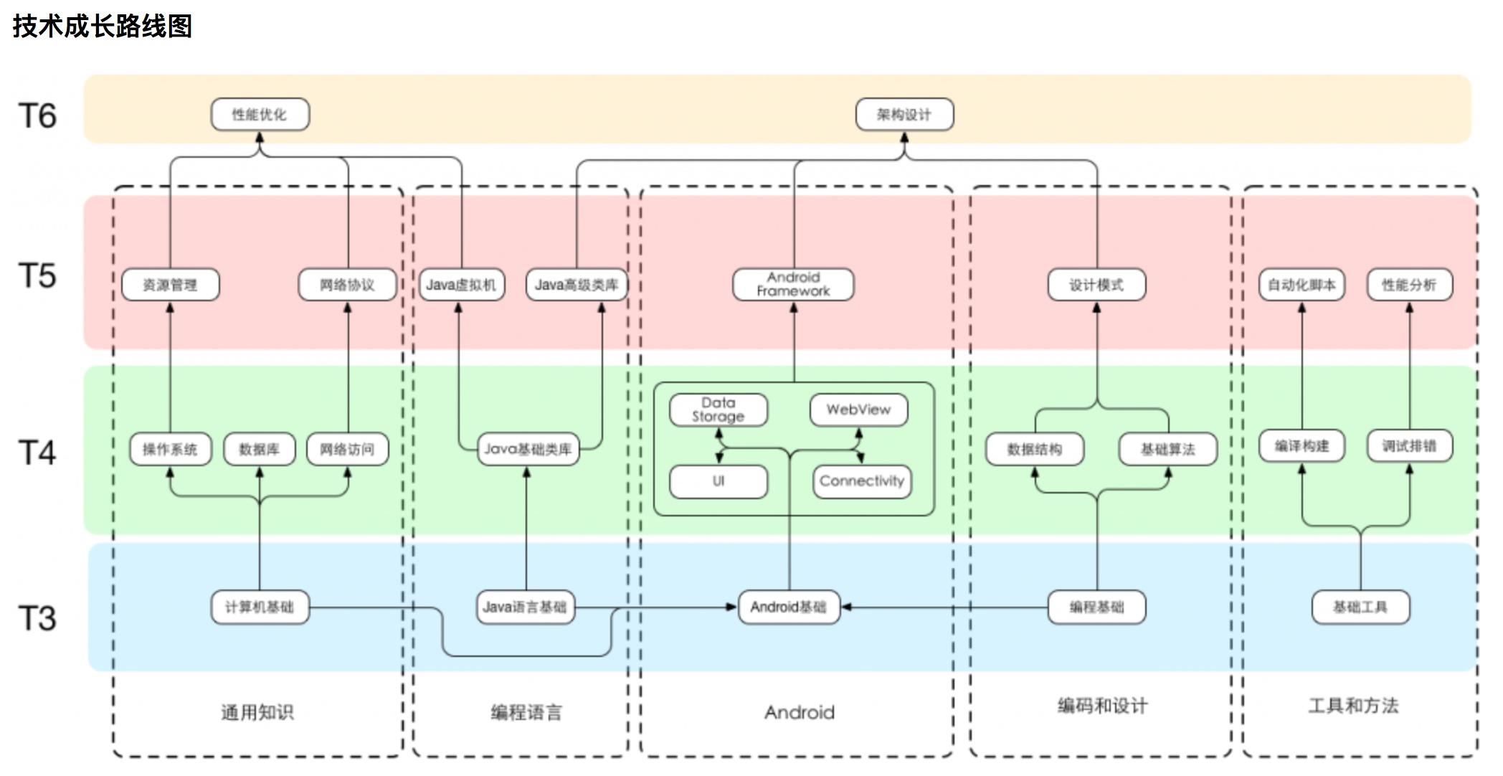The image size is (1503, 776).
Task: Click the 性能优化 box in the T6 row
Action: point(260,115)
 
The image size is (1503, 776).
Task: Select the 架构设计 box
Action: point(904,115)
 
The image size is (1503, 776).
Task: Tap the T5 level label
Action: point(37,276)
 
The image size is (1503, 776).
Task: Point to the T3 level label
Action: point(37,618)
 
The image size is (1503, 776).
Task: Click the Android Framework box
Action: point(793,285)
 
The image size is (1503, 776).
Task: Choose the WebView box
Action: point(858,410)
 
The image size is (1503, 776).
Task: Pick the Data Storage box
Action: point(718,410)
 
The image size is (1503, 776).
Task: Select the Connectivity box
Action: point(862,481)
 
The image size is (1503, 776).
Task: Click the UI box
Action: point(718,481)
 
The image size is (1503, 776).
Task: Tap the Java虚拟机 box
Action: point(461,285)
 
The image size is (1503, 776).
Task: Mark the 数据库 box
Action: point(259,450)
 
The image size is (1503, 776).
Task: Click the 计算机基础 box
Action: point(260,607)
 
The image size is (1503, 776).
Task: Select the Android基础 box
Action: point(789,607)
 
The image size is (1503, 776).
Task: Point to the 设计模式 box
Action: point(1096,285)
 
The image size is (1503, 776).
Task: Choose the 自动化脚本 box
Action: point(1302,285)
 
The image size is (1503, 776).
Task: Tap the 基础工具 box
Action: point(1360,607)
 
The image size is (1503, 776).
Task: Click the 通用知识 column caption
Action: point(257,712)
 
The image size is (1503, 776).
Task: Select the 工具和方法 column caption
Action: point(1353,706)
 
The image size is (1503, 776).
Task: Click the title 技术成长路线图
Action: point(103,27)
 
